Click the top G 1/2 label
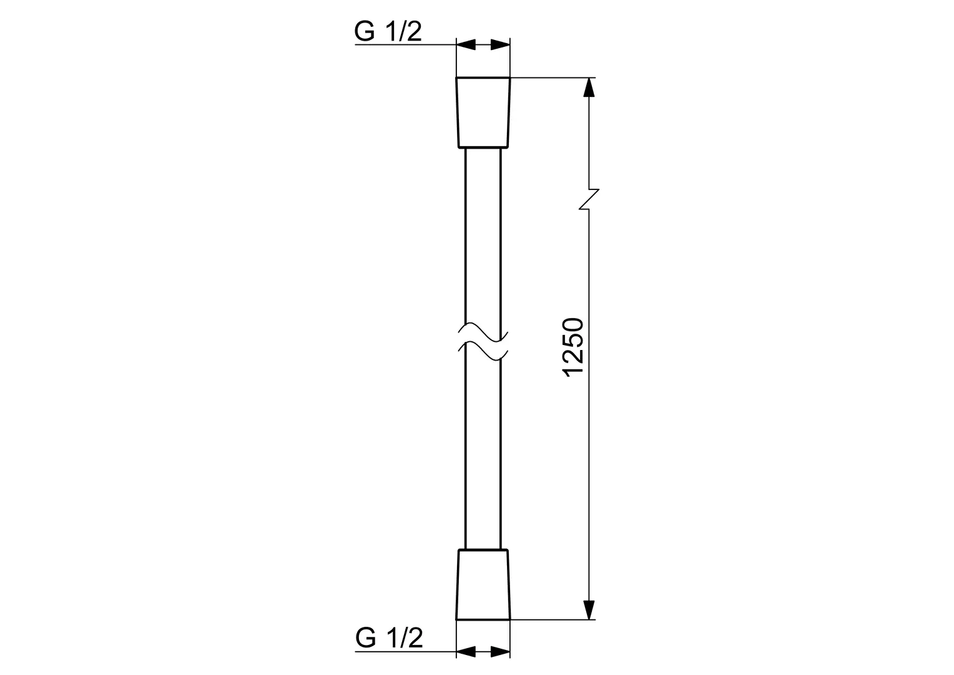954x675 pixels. (x=388, y=31)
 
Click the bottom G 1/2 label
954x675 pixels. (x=389, y=638)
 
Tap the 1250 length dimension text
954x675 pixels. (x=573, y=347)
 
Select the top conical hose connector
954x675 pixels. (x=483, y=112)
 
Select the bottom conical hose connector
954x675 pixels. (x=483, y=584)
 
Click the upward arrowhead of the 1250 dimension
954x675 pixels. (x=589, y=87)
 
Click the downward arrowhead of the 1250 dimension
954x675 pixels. (x=589, y=610)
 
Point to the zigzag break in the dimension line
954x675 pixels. (x=589, y=199)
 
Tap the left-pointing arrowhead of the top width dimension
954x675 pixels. (x=466, y=44)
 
